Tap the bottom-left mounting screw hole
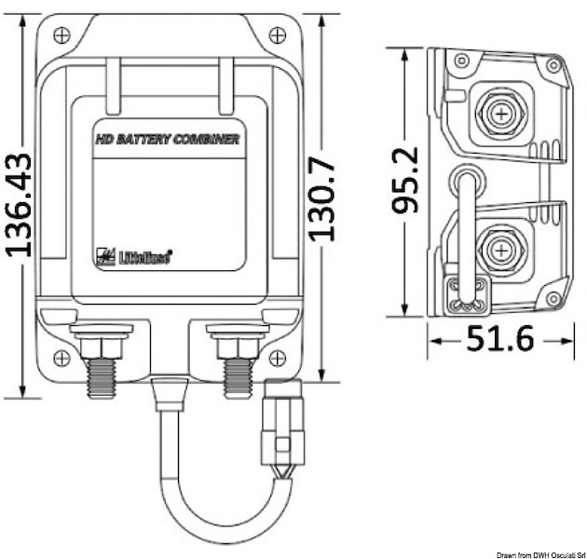(x=62, y=357)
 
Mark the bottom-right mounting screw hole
(x=276, y=357)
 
